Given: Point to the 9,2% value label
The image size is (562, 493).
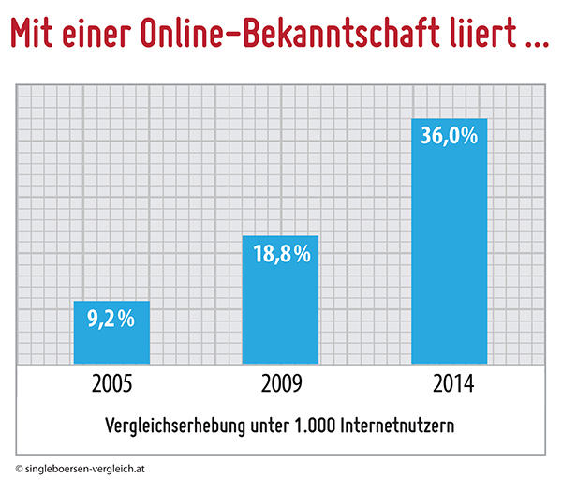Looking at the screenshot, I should (111, 320).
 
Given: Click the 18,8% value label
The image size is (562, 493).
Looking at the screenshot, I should (280, 254).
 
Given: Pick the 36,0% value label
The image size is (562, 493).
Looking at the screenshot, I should (450, 136).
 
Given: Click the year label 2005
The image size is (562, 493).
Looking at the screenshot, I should (111, 384).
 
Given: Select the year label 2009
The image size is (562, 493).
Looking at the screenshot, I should (280, 384).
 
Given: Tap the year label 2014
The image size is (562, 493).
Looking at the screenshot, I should (450, 384).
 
